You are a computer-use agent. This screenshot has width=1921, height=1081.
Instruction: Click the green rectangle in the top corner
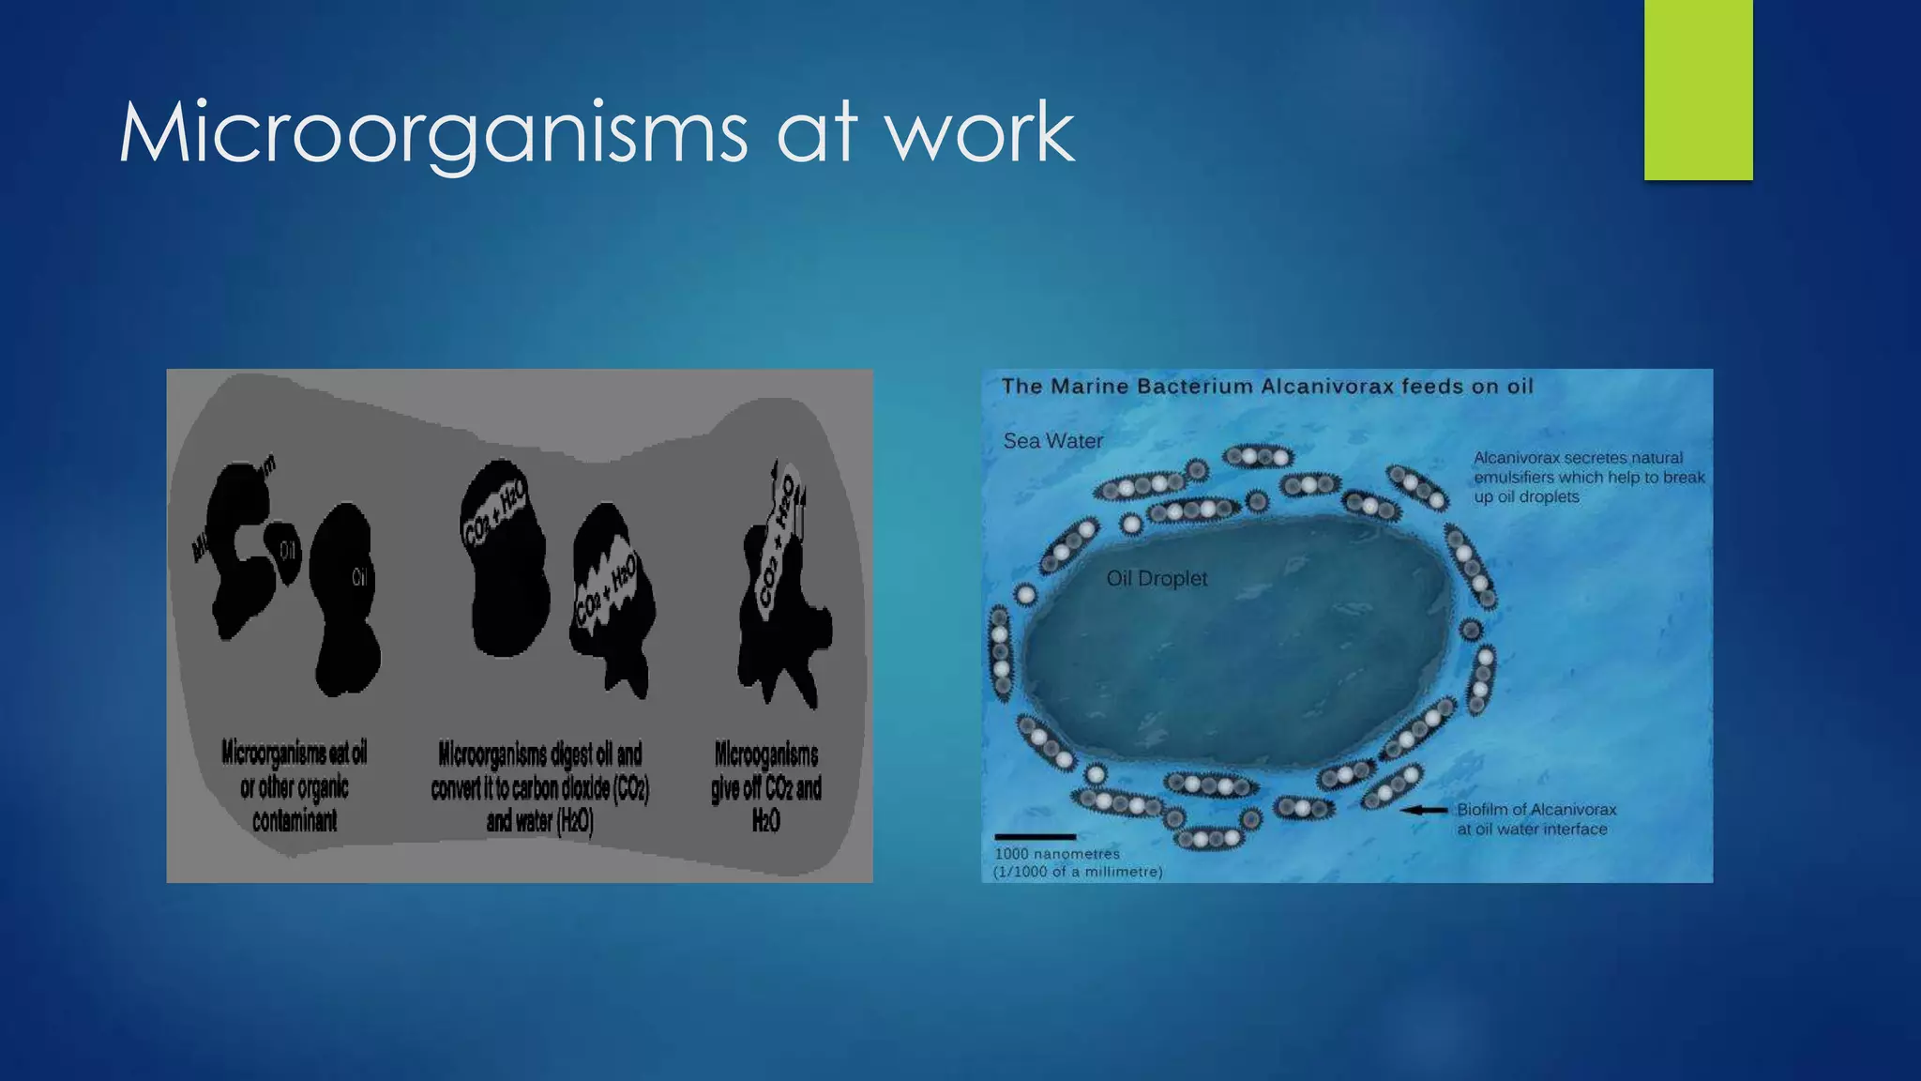tap(1698, 89)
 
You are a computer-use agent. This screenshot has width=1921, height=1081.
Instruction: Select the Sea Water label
tap(1052, 441)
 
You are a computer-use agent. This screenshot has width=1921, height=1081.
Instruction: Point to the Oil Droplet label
tap(1157, 579)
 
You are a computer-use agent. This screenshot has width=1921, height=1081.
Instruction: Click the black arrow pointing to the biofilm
tap(1424, 810)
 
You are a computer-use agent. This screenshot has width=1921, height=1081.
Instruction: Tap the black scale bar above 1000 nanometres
tap(1035, 836)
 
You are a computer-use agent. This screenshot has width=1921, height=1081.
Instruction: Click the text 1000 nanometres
tap(1057, 854)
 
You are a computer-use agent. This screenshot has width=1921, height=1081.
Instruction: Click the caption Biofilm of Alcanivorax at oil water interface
tap(1535, 819)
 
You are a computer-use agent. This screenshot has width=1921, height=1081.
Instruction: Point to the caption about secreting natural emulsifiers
tap(1588, 478)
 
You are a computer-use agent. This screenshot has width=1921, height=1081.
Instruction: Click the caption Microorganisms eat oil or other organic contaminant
tap(295, 786)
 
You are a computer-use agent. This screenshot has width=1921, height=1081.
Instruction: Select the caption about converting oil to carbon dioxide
tap(540, 787)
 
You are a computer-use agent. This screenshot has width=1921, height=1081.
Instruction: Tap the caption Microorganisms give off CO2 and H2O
tap(766, 787)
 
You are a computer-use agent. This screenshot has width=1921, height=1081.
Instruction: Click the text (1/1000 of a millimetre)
tap(1078, 872)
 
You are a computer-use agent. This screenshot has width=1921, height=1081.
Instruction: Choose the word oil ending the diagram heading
tap(1520, 387)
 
